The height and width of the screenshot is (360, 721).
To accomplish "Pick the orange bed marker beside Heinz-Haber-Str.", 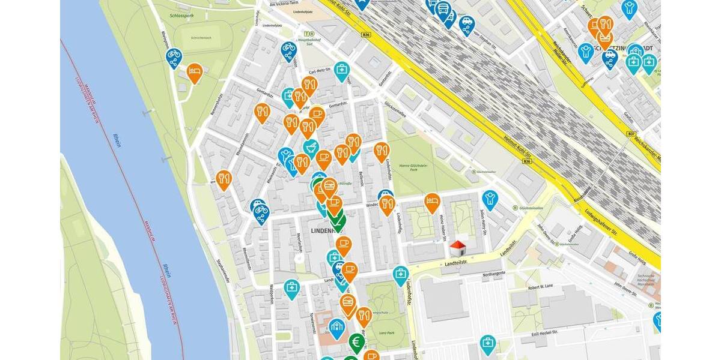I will coord(432,202).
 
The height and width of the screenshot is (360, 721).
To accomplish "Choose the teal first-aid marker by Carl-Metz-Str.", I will coord(342,71).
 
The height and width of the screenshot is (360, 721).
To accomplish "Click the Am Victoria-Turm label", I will coord(287,4).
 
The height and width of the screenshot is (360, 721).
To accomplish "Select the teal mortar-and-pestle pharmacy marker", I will coord(311,147).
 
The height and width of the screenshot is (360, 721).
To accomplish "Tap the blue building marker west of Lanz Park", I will coord(336,327).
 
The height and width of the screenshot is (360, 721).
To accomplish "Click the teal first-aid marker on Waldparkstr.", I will coord(291,288).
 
